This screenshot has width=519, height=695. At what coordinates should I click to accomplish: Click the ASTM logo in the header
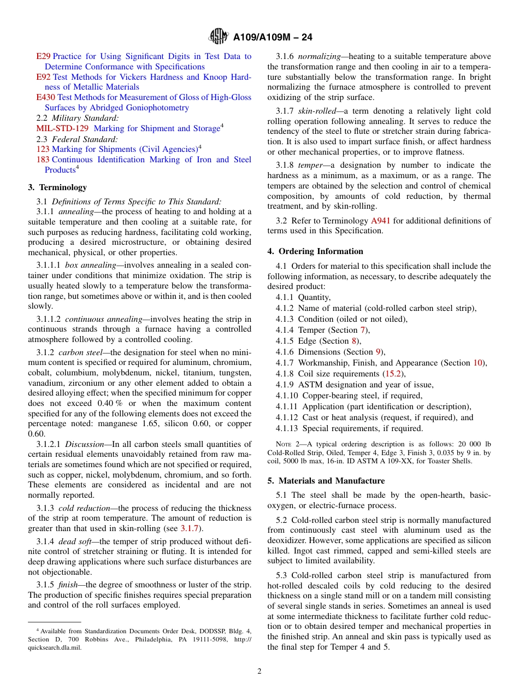[219, 37]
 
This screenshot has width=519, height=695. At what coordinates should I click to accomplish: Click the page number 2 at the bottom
[259, 671]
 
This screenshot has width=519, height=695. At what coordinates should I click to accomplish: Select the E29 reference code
[43, 56]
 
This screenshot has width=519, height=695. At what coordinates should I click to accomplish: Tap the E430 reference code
[45, 97]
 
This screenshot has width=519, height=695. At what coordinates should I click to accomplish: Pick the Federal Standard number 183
[43, 160]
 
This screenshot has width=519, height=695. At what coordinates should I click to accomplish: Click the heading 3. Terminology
[57, 187]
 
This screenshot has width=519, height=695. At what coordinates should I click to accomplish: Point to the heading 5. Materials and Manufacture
[326, 481]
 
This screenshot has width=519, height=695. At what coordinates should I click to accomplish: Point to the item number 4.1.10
[287, 396]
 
